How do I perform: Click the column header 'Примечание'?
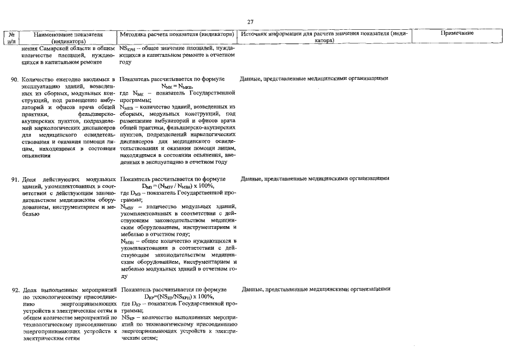click(x=457, y=33)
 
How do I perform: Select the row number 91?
click(x=15, y=179)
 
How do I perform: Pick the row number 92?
click(x=15, y=290)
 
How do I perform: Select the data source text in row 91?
click(x=315, y=178)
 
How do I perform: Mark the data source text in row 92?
click(x=316, y=289)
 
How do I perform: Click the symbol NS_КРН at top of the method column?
click(x=127, y=49)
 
